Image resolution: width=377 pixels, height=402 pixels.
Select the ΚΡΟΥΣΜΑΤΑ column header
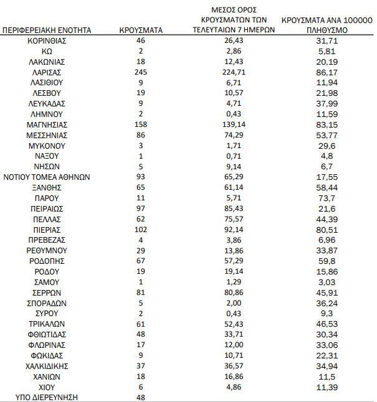(141, 29)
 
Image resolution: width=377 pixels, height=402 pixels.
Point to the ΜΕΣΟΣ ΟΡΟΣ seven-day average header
(234, 19)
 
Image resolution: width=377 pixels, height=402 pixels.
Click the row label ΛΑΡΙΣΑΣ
(47, 72)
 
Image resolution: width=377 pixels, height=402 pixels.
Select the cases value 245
(141, 72)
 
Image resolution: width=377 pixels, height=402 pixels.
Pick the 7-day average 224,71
(234, 72)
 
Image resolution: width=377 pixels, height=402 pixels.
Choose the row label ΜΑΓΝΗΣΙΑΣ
(47, 124)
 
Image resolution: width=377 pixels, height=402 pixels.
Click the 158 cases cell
(141, 124)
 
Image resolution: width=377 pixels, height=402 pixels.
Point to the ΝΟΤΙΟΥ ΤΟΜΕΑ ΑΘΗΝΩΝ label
(47, 177)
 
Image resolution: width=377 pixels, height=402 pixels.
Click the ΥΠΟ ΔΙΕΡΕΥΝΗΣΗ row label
(47, 397)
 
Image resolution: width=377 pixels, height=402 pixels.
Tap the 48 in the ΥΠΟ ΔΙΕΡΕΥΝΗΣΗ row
(141, 397)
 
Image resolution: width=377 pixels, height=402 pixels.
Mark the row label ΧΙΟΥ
(47, 386)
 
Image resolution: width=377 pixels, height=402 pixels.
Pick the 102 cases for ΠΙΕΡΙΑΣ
(141, 229)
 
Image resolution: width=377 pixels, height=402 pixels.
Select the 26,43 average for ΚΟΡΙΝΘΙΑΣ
(234, 40)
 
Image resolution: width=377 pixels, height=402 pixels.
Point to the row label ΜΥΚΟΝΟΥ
(47, 146)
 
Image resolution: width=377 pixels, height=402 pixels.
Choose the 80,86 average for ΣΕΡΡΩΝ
(234, 292)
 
